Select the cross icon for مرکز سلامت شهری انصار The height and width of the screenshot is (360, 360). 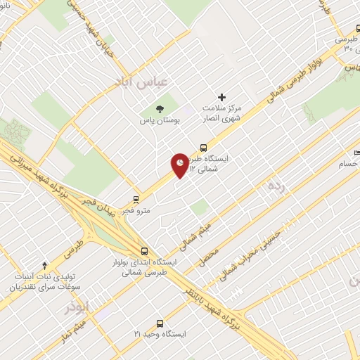pyautogui.click(x=222, y=97)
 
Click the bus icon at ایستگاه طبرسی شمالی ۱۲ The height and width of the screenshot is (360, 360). pyautogui.click(x=203, y=148)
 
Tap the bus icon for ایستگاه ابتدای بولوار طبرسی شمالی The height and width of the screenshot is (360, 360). pyautogui.click(x=144, y=250)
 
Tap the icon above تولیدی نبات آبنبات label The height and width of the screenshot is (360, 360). pyautogui.click(x=45, y=265)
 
